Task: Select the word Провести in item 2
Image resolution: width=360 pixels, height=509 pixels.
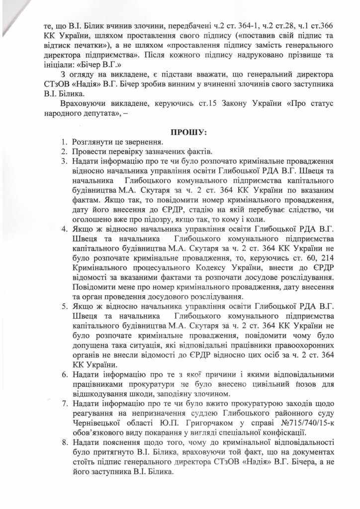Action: coord(88,151)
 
